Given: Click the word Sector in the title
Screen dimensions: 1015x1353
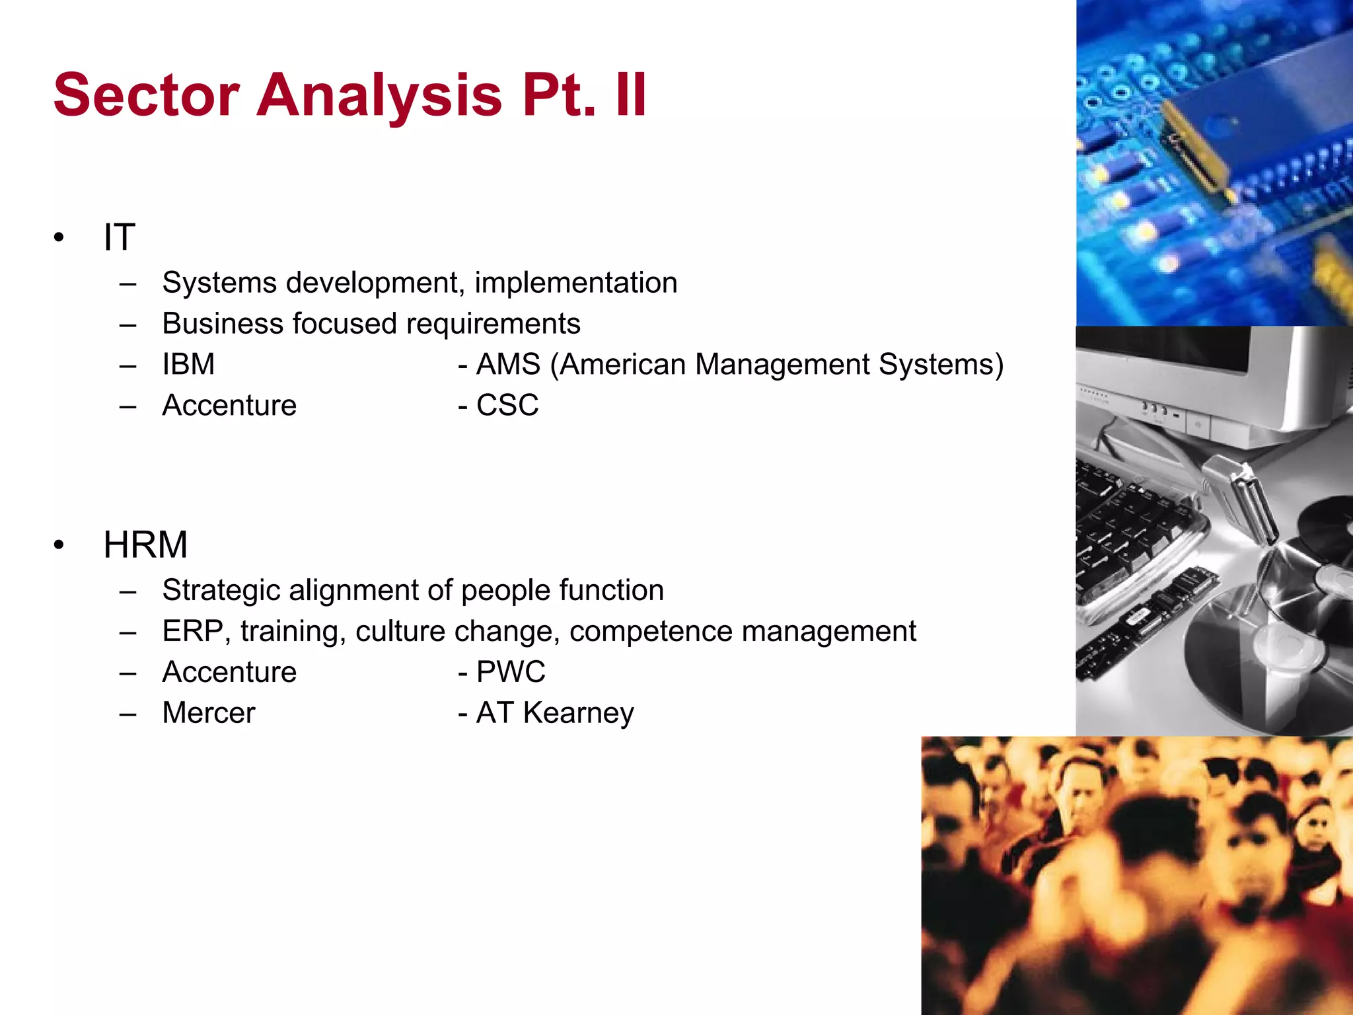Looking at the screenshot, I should [x=146, y=95].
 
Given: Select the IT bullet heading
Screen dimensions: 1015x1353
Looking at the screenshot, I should [x=120, y=237].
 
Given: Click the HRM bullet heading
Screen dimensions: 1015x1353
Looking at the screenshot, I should [x=145, y=545].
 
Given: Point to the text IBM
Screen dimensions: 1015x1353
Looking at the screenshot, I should [x=189, y=364].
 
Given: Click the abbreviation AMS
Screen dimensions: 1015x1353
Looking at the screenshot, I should [x=508, y=364].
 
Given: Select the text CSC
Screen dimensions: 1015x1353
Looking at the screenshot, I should [x=507, y=405].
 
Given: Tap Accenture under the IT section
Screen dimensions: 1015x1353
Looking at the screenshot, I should [x=229, y=405].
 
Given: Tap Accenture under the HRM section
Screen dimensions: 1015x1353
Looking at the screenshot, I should [x=229, y=672].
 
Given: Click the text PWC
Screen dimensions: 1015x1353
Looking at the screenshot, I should [x=511, y=672].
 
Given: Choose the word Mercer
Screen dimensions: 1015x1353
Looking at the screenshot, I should [x=209, y=713].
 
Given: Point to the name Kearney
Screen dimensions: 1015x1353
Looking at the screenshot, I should [x=578, y=713].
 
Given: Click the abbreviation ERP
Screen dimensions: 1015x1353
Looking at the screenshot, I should [x=193, y=631].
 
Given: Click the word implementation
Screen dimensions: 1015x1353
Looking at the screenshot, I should [x=575, y=283].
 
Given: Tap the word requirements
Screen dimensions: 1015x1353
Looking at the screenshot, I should [x=493, y=324].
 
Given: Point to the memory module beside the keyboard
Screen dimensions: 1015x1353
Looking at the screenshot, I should [x=1150, y=621].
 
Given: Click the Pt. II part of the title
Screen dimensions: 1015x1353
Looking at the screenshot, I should [x=584, y=95].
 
